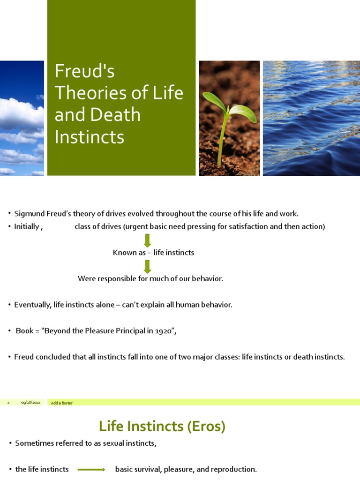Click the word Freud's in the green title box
click(x=85, y=72)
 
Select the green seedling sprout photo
click(x=229, y=118)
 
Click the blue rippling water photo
click(x=311, y=118)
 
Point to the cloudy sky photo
click(x=22, y=118)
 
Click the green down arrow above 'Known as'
click(x=147, y=240)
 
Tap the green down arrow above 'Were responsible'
click(x=147, y=266)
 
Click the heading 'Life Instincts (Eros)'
click(x=162, y=426)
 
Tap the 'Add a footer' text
click(x=62, y=403)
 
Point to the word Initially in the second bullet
click(x=27, y=227)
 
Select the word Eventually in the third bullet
click(x=32, y=305)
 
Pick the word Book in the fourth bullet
click(x=25, y=331)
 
